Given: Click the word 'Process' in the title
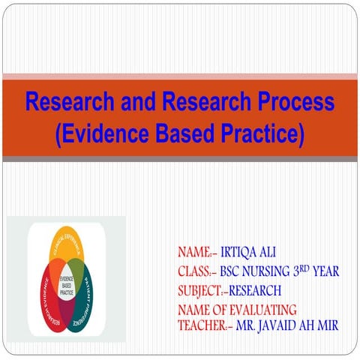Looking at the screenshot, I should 290,101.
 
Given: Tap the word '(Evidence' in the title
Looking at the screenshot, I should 100,134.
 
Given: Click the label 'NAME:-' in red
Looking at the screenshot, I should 197,252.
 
